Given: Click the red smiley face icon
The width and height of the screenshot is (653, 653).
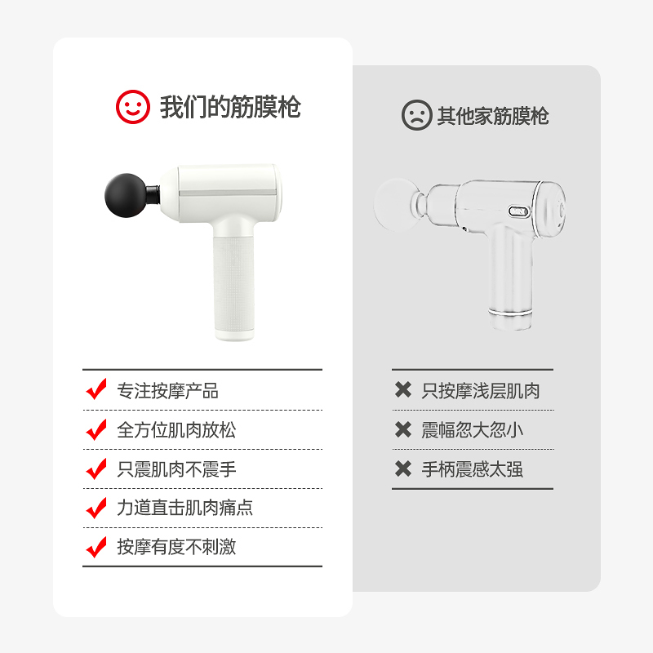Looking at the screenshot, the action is pos(132,107).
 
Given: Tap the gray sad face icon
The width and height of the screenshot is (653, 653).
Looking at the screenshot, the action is pos(416,115).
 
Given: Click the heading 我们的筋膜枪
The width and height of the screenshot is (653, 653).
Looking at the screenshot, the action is pos(230,107).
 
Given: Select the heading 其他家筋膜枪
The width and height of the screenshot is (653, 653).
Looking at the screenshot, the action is pos(493,116).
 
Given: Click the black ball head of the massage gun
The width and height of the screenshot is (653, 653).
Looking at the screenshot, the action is pos(127,195).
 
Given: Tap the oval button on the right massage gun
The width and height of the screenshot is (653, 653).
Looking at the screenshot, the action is pos(519,211).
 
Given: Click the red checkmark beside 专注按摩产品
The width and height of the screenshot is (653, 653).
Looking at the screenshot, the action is pos(96,389).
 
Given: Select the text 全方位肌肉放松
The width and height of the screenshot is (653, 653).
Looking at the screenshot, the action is pos(176,430).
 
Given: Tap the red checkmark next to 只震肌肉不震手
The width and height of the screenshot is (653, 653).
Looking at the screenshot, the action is pos(96,469).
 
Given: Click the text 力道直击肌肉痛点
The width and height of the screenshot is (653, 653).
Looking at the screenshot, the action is pos(185,508).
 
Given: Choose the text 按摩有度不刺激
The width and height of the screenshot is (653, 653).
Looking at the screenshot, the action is pos(176,547).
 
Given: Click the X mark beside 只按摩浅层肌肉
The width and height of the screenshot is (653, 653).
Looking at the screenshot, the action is pos(403,390).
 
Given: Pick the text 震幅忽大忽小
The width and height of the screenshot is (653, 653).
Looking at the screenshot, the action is pos(473,430).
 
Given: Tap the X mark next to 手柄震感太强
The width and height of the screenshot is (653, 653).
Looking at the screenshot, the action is pos(403,469).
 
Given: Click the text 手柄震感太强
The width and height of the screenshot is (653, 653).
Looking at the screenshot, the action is pos(473,469).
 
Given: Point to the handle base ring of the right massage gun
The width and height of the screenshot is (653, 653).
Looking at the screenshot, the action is pos(511,312).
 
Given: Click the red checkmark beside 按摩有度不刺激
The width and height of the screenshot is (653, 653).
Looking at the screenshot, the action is pos(96,547).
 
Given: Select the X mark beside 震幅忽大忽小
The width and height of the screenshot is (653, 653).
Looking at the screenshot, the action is pos(403,430).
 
